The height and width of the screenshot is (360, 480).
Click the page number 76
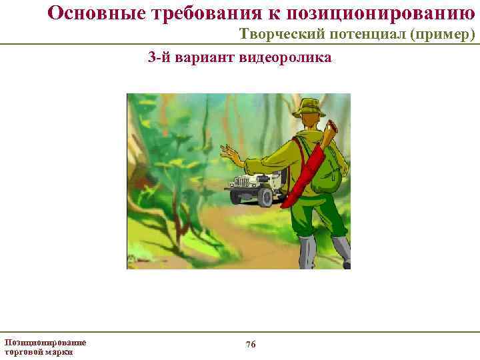click(x=251, y=344)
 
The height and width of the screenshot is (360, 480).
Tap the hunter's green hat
click(x=310, y=107)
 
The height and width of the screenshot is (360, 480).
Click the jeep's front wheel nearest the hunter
click(x=265, y=196)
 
